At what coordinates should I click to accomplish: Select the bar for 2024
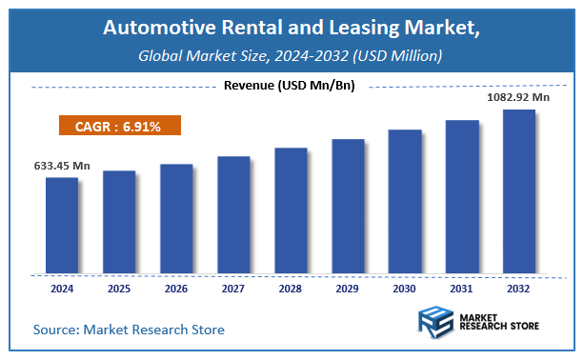(x=61, y=225)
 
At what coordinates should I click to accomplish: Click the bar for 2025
(x=118, y=221)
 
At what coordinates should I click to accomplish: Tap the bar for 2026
(x=175, y=218)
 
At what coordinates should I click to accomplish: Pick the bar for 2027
(x=232, y=214)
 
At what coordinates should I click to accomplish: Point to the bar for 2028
(x=291, y=210)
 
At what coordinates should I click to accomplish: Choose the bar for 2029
(x=348, y=206)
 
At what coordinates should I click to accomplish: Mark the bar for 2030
(x=405, y=201)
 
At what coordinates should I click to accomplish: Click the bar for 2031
(x=462, y=196)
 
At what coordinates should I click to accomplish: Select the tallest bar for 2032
(x=519, y=190)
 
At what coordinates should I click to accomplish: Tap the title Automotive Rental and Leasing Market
(x=292, y=31)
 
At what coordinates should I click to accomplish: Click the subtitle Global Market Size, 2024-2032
(x=292, y=56)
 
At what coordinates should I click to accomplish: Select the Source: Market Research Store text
(x=129, y=330)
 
